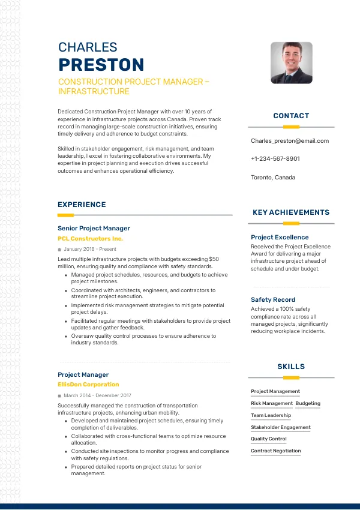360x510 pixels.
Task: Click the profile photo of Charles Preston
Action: pyautogui.click(x=291, y=62)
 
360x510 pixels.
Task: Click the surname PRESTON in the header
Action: pyautogui.click(x=101, y=65)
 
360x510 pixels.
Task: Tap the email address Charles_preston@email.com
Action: pyautogui.click(x=290, y=141)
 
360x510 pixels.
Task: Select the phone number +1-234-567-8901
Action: pyautogui.click(x=275, y=159)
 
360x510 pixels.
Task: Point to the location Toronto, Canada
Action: pyautogui.click(x=273, y=178)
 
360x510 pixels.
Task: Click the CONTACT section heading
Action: pyautogui.click(x=291, y=116)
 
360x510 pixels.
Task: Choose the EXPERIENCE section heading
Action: pyautogui.click(x=82, y=205)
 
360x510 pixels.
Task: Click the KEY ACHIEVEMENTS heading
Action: pyautogui.click(x=291, y=212)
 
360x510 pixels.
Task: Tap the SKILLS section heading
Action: pyautogui.click(x=291, y=367)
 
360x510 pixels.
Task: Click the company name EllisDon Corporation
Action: pyautogui.click(x=88, y=385)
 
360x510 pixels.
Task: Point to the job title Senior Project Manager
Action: pyautogui.click(x=94, y=229)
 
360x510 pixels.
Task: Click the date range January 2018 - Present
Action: pyautogui.click(x=90, y=249)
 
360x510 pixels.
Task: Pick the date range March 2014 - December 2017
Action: pyautogui.click(x=97, y=396)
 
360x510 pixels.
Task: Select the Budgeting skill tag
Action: pyautogui.click(x=308, y=404)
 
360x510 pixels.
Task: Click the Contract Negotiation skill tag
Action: pyautogui.click(x=276, y=451)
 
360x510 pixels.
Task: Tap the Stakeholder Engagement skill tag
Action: pyautogui.click(x=281, y=427)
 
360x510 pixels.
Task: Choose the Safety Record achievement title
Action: pyautogui.click(x=273, y=299)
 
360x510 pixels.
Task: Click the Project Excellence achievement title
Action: pyautogui.click(x=280, y=238)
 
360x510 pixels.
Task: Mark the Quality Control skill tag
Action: pyautogui.click(x=269, y=439)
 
